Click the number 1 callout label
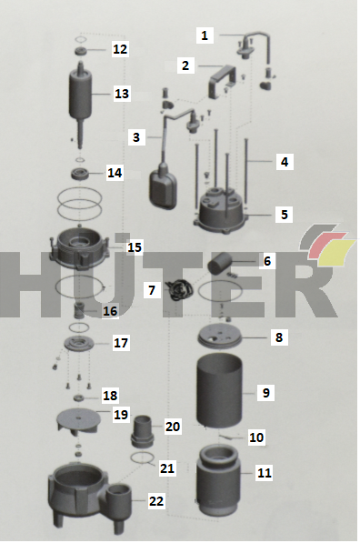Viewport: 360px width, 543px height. coord(205,35)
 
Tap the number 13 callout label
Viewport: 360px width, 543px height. coord(122,94)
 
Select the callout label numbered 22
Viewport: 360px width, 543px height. coord(156,501)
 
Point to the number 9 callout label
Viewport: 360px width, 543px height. coord(265,393)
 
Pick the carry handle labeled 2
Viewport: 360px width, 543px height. coord(222,80)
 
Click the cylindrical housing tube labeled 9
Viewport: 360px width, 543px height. coord(219,389)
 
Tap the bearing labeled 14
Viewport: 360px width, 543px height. coord(80,174)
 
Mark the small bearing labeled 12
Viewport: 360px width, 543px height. coord(81,51)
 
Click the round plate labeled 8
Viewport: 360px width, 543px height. coord(219,337)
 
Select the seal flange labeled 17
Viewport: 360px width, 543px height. coord(79,345)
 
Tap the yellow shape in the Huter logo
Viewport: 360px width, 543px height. coord(336,252)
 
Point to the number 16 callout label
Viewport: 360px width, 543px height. coord(110,311)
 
